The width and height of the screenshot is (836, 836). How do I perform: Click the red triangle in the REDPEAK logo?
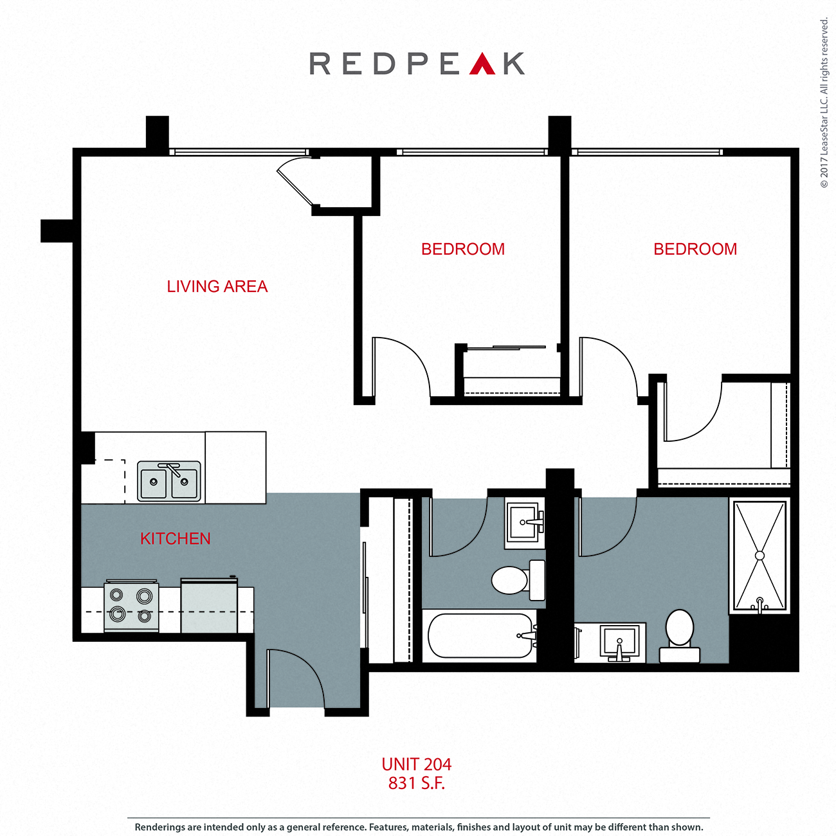482,65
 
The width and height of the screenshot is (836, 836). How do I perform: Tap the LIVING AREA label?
217,287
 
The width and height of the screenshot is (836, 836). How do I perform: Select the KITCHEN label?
175,539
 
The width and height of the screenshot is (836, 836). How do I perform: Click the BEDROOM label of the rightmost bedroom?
695,250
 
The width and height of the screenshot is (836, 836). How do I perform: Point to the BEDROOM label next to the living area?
463,250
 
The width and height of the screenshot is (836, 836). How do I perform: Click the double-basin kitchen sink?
169,481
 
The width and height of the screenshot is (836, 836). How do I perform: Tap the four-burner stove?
131,606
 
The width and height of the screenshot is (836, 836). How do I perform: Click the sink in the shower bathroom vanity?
619,642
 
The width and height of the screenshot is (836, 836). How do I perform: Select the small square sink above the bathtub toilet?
524,522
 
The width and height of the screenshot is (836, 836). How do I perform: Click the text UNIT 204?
416,765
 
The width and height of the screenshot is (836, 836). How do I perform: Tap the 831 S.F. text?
416,783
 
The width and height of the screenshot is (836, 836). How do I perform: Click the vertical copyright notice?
824,103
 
